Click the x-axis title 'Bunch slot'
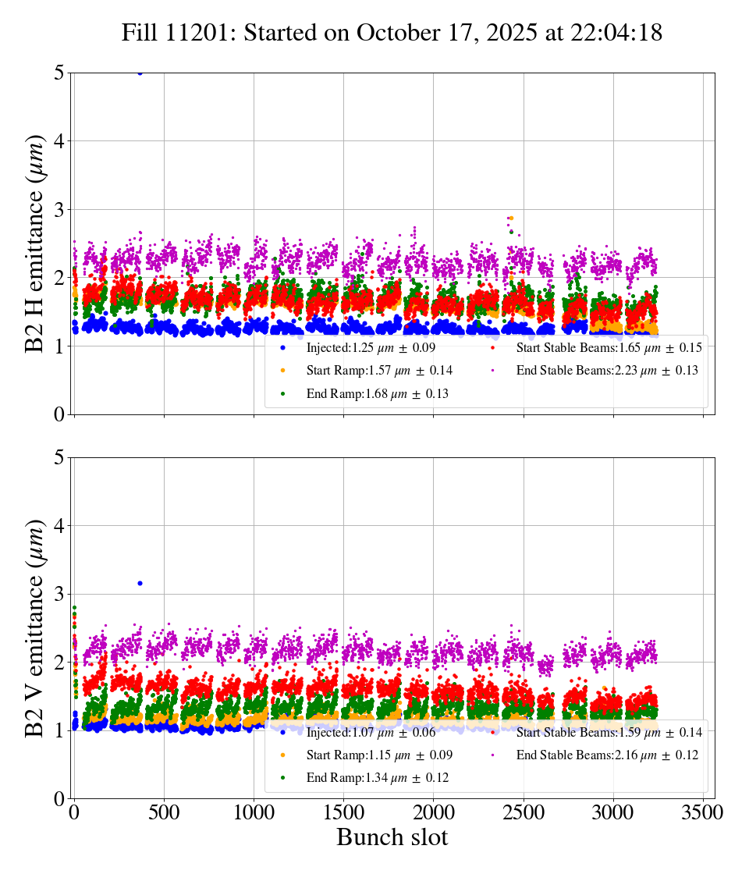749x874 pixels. (392, 838)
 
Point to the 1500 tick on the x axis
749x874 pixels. (343, 812)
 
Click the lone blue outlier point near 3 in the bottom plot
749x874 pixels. (140, 583)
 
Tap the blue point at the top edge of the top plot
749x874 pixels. (140, 73)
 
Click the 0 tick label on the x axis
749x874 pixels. (74, 812)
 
